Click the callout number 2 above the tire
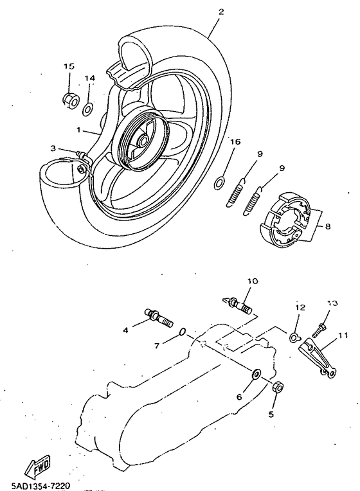coord(221,12)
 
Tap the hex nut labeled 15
coord(69,99)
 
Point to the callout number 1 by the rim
coord(78,129)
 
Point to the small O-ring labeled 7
coord(183,332)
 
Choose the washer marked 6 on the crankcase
coord(256,373)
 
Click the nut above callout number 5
coord(279,387)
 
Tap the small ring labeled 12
coord(294,337)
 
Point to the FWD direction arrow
coord(39,463)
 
